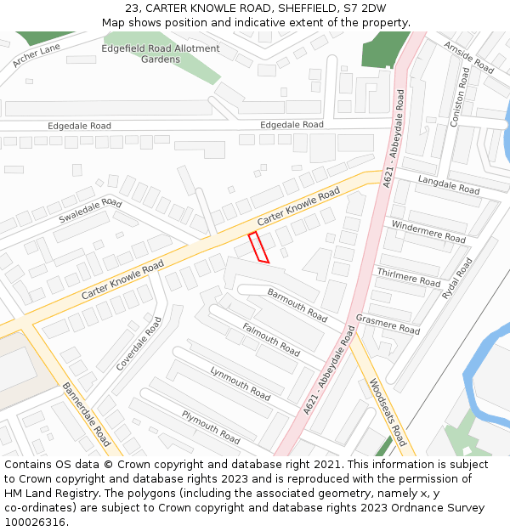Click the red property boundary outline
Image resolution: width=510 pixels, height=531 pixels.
pos(258,247)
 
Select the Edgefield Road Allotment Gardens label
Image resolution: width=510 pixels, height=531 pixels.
pos(161,54)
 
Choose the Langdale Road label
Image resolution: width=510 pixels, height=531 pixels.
pos(449,185)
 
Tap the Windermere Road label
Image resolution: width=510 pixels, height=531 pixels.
pos(428,230)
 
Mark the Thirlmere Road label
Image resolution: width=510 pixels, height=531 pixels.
pos(409,276)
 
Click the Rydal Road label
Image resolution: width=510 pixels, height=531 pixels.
pos(456,278)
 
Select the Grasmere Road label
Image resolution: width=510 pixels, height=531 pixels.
pos(388,324)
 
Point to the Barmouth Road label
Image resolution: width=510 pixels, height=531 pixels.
pos(297,305)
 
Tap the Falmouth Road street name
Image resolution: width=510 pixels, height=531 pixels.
pos(271,339)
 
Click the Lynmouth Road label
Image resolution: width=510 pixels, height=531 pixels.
pos(240,384)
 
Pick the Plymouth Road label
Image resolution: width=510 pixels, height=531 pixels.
pos(211,426)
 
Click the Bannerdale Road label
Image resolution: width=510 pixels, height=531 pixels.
pos(86,414)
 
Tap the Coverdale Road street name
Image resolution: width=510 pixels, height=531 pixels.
pos(139,344)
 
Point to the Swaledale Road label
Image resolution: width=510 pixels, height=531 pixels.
pos(90,210)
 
